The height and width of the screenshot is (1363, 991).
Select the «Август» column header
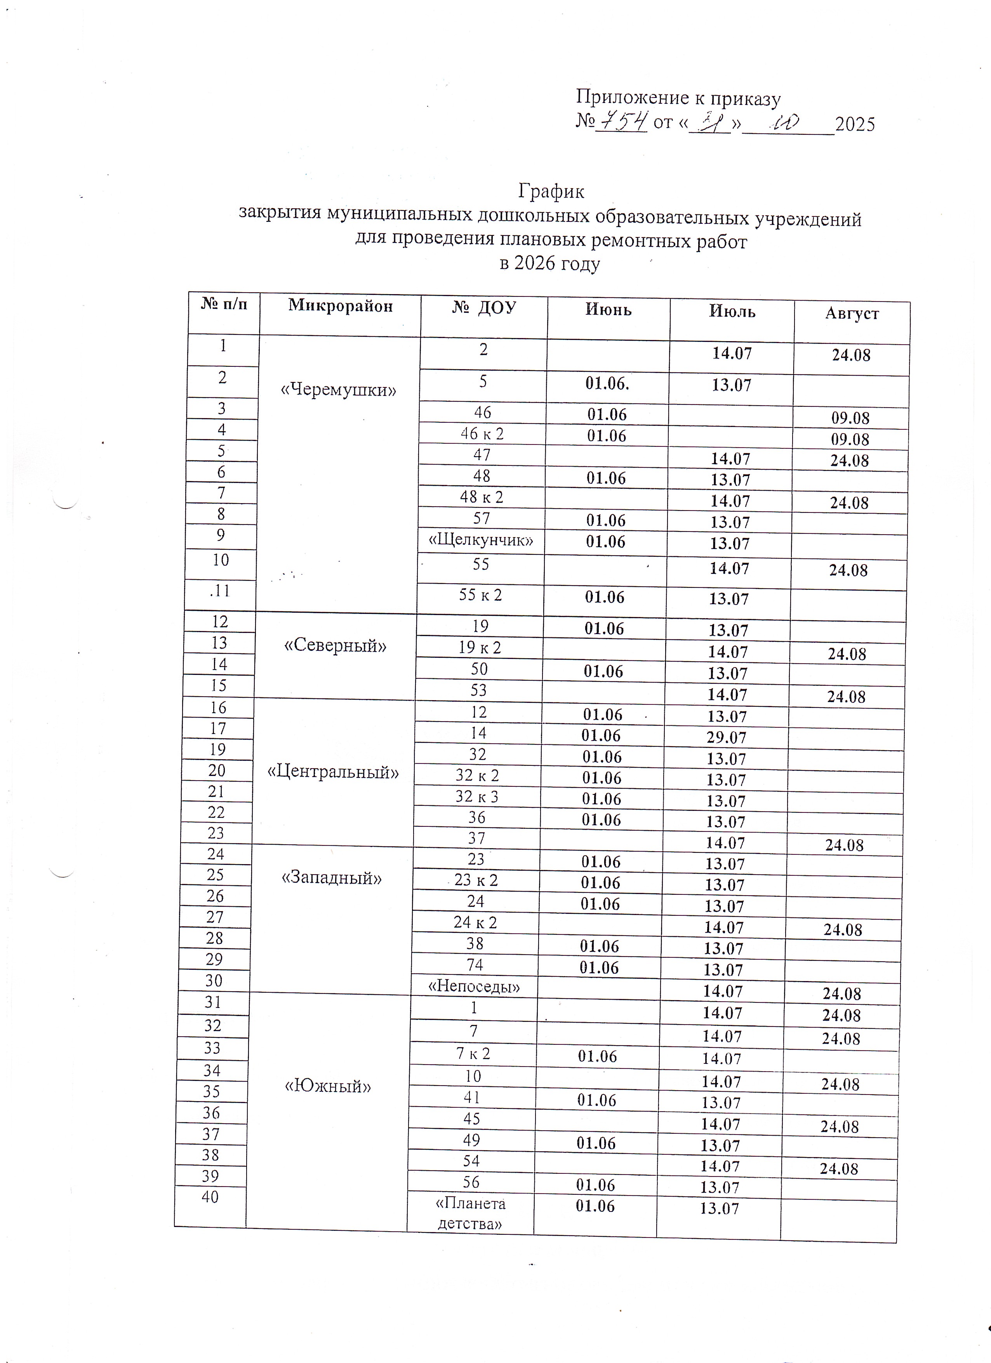[852, 314]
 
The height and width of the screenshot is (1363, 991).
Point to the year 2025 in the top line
[855, 124]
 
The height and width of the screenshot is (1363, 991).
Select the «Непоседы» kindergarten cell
[474, 986]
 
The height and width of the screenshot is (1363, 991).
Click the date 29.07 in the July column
[727, 737]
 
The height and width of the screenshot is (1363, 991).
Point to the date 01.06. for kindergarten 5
[608, 384]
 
